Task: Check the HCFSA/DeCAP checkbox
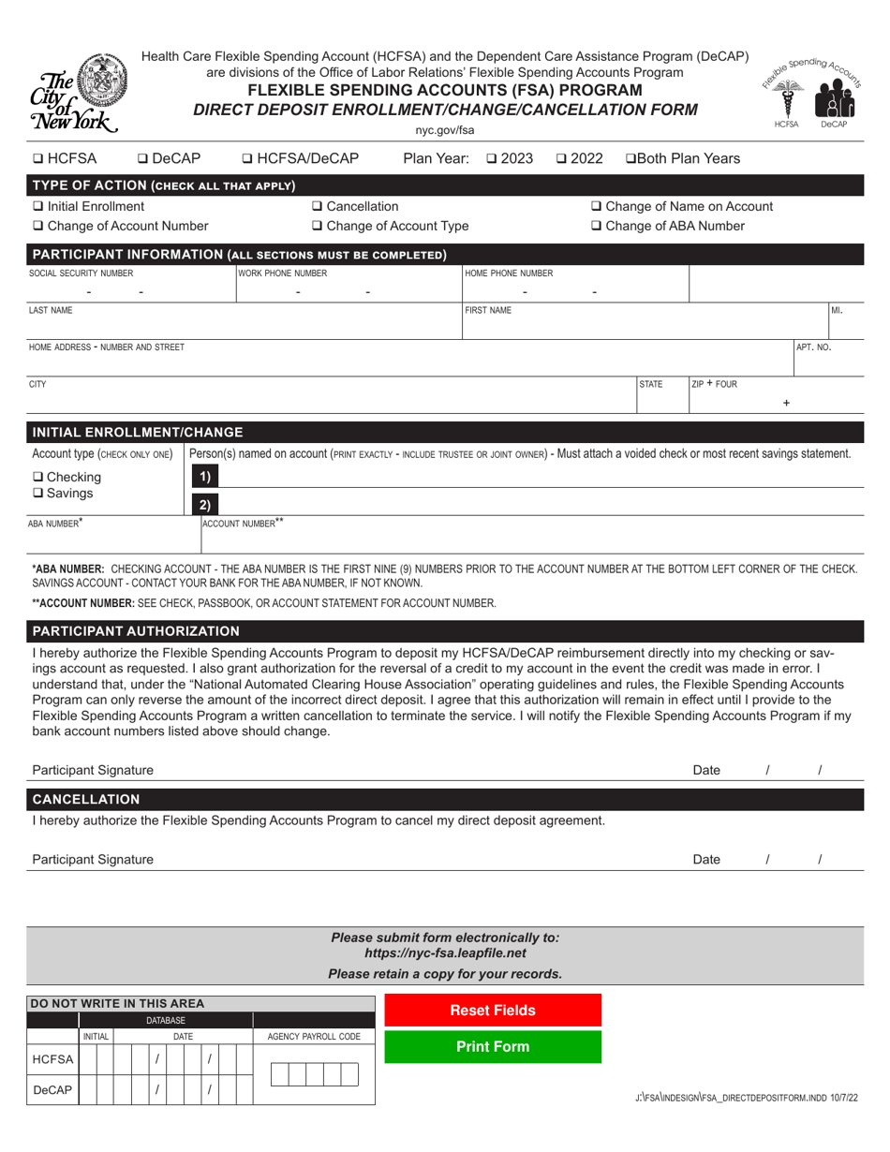coord(248,159)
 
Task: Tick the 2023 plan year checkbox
coord(493,159)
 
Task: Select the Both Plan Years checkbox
coord(630,159)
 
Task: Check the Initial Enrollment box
coord(37,207)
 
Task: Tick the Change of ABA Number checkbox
coord(597,227)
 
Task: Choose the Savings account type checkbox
coord(37,494)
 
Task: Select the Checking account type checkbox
coord(37,478)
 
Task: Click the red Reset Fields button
coord(493,1011)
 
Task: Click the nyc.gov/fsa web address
coord(445,130)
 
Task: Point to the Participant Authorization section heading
coord(136,631)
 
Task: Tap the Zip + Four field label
coord(715,384)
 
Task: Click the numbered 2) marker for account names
coord(204,506)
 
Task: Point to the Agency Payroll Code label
coord(314,1037)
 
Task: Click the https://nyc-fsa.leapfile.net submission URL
coord(445,953)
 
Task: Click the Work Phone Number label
coord(283,273)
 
